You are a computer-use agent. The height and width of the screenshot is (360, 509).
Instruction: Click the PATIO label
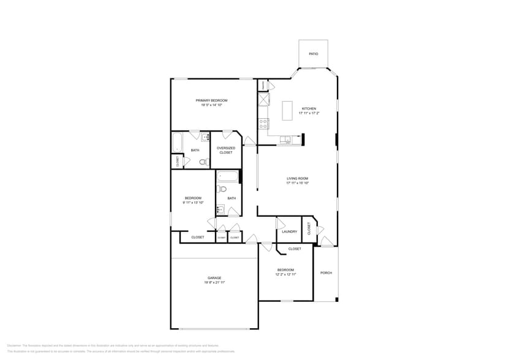coord(313,54)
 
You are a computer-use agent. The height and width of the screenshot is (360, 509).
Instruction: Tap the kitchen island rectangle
coord(287,110)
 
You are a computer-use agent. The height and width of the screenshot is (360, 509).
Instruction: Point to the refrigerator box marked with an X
coord(263,99)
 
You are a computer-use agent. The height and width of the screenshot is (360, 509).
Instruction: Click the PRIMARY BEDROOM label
coord(211,100)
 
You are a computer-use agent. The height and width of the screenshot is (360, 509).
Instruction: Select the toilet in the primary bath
coord(203,162)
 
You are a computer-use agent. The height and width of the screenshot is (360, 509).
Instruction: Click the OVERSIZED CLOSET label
coord(226,150)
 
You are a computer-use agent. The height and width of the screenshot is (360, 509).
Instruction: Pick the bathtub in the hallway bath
coord(227,178)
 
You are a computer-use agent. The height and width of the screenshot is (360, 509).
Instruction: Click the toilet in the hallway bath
coord(222,189)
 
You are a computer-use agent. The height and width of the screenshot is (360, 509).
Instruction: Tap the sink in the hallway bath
coord(220,210)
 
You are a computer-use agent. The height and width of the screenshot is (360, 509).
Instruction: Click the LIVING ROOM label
coord(297,179)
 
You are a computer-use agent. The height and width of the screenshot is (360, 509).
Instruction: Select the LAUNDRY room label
coord(290,231)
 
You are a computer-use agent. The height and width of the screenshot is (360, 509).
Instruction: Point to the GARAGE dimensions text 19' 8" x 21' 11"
coord(214,282)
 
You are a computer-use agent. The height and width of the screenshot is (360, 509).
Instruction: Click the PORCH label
coord(326,272)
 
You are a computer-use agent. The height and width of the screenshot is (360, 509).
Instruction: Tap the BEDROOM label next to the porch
coord(285,269)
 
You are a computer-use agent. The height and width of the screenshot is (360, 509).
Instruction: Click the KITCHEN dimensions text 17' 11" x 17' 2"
coord(309,113)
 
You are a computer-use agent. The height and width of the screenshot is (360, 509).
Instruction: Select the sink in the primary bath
coord(206,138)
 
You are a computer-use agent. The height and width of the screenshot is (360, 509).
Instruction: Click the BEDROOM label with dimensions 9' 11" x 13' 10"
coord(193,198)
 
